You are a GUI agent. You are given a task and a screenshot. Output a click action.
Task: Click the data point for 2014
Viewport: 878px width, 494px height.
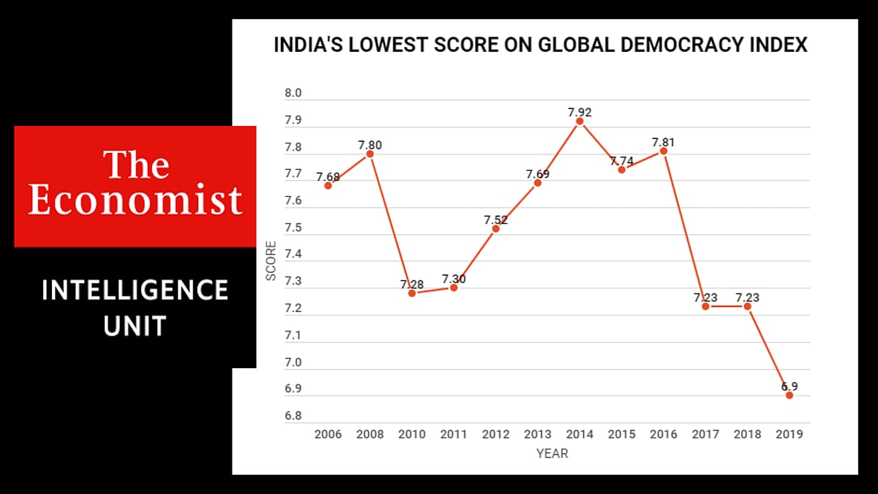click(x=579, y=121)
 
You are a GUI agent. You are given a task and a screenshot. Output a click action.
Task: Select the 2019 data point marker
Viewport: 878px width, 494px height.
click(x=789, y=395)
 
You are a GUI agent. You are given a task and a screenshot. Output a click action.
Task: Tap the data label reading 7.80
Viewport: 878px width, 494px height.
click(x=369, y=145)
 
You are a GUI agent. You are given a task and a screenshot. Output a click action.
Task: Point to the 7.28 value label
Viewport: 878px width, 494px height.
click(x=412, y=284)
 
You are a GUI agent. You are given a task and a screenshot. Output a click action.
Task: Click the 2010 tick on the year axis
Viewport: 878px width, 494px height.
click(x=412, y=434)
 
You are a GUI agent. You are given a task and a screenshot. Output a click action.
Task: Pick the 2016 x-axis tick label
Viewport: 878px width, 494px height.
click(x=664, y=434)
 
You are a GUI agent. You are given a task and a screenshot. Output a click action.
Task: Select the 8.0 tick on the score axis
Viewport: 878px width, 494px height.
click(x=293, y=94)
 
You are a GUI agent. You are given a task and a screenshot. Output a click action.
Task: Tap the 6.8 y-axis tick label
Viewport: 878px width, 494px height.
click(x=293, y=416)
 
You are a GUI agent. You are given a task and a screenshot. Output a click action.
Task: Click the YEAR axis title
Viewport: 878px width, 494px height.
click(x=552, y=454)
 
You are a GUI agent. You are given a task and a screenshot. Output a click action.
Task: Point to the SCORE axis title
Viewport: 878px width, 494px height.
click(x=271, y=261)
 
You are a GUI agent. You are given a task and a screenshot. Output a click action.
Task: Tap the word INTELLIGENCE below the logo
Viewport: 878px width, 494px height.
click(x=135, y=291)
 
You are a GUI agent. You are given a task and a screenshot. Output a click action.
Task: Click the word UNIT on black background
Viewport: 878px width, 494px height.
click(x=135, y=326)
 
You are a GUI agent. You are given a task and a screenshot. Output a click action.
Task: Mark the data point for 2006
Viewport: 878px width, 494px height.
click(x=328, y=185)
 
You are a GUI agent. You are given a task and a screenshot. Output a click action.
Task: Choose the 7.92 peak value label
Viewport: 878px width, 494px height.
click(x=579, y=113)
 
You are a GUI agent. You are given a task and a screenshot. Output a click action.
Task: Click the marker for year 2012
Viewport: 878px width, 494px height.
click(x=495, y=229)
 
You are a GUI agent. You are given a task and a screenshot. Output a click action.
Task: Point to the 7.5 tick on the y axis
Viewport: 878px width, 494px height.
click(x=293, y=228)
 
